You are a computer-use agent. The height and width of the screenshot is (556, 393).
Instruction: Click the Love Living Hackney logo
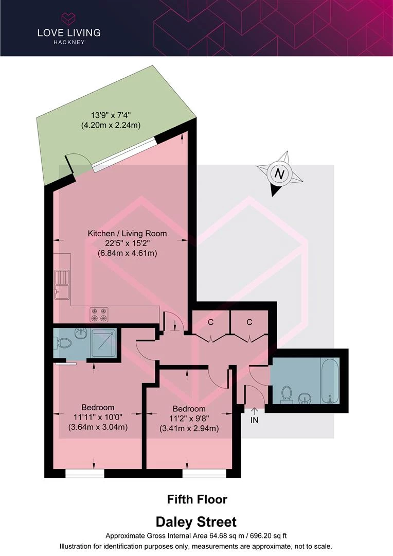[69, 29]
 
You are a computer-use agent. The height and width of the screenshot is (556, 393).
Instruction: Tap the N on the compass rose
[280, 174]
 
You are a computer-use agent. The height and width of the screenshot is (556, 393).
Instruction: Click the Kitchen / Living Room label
[127, 233]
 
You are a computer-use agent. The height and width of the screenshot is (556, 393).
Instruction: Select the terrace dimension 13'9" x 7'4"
[111, 115]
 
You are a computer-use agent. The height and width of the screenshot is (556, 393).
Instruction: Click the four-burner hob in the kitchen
[99, 315]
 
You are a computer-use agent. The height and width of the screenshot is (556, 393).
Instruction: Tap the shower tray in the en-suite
[103, 343]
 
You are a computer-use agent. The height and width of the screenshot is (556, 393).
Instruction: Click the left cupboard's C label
[211, 322]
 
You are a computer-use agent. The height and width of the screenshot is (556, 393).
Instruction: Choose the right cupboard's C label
[249, 322]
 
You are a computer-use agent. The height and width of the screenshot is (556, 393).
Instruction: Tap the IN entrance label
[255, 420]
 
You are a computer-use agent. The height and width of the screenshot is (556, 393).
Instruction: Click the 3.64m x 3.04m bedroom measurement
[98, 427]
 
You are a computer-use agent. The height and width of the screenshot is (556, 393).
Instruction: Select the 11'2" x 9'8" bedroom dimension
[189, 419]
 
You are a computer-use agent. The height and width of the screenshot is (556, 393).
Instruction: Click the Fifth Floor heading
[197, 499]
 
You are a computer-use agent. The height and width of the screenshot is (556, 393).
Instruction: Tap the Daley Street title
[196, 522]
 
